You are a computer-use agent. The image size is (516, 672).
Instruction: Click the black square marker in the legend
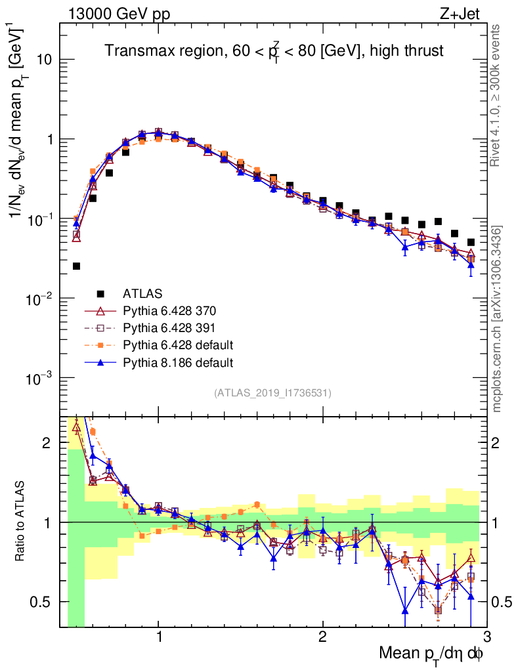[x=100, y=293]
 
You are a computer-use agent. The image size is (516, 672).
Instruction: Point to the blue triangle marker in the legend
[x=100, y=362]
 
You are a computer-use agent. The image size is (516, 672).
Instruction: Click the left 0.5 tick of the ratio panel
[x=45, y=601]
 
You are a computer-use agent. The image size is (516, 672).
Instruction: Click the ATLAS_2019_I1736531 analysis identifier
[x=272, y=393]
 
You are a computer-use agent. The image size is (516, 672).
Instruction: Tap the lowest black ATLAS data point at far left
[x=76, y=266]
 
